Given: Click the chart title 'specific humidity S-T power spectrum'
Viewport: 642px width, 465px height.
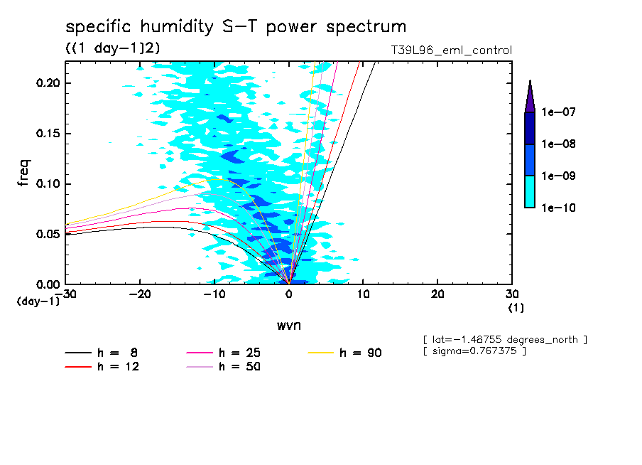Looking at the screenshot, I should (236, 28).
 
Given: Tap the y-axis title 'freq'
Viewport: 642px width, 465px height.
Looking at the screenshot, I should (23, 173).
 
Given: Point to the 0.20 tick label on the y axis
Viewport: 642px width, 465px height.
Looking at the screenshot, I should (48, 83).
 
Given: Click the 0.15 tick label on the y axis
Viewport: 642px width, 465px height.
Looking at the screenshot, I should (48, 134).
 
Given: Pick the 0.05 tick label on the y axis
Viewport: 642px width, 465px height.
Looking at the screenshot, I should (48, 234).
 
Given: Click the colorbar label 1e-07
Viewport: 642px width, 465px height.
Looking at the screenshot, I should (554, 112).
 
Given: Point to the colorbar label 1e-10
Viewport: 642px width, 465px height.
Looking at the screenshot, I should (554, 208).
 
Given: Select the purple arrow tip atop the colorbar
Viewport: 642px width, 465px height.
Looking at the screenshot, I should (530, 96).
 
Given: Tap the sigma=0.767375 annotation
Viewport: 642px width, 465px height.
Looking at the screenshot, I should (474, 352).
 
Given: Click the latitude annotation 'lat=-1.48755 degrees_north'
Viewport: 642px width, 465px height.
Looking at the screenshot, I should (505, 339).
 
